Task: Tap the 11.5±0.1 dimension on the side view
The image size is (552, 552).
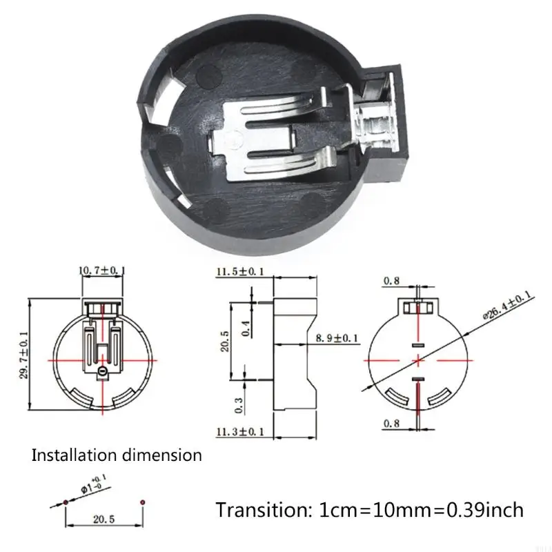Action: pyautogui.click(x=240, y=272)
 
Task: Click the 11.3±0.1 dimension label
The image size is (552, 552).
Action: pyautogui.click(x=240, y=433)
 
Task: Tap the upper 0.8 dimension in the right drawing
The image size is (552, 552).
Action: pyautogui.click(x=392, y=281)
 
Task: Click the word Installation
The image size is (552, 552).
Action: pyautogui.click(x=74, y=455)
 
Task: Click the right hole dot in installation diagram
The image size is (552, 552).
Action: pyautogui.click(x=141, y=500)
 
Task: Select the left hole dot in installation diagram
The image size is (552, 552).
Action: pyautogui.click(x=64, y=500)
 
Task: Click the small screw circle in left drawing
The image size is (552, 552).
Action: pyautogui.click(x=103, y=373)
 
